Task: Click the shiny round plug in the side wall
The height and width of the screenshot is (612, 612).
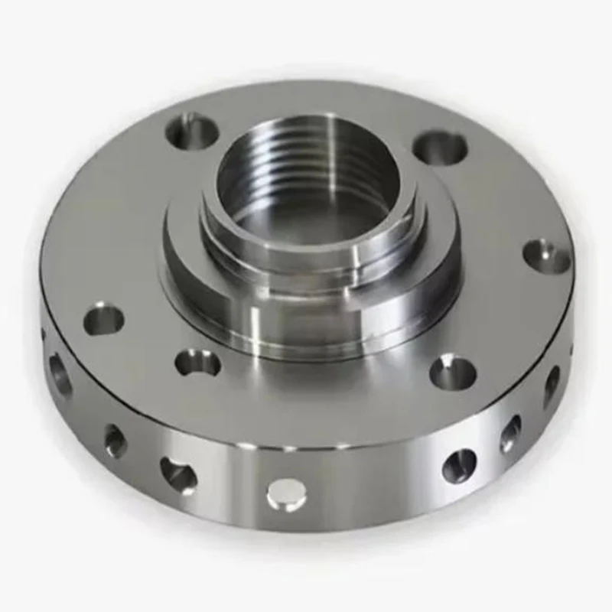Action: point(286,495)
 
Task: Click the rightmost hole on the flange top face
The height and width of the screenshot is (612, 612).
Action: point(546,256)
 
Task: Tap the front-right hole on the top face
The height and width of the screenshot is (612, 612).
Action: point(453,373)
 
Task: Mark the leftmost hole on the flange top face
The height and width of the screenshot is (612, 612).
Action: point(104,318)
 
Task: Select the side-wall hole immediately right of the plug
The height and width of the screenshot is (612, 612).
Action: point(459,464)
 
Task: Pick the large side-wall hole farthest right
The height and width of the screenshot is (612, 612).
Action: point(552,385)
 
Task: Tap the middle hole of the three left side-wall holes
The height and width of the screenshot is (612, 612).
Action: point(115,441)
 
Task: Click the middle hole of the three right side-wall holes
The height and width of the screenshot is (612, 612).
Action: point(510,434)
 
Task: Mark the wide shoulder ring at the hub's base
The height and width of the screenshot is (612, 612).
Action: point(184,260)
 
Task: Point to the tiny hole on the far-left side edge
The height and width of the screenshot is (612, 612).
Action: point(44,334)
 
